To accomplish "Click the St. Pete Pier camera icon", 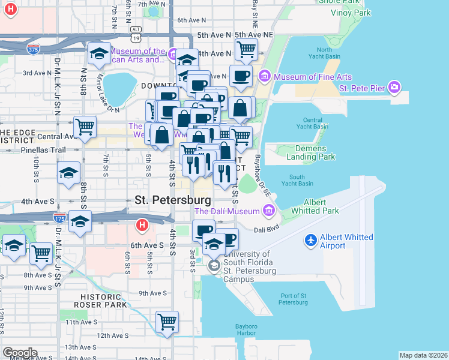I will (x=394, y=88).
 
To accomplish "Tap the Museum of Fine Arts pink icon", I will (x=265, y=77).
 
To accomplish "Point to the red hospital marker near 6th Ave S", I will (x=142, y=226).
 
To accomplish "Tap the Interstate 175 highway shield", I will (x=59, y=218).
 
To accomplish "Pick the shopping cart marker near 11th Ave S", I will (x=167, y=322).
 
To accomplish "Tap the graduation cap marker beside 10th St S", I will (x=69, y=173).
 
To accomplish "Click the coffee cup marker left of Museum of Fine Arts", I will (x=241, y=76).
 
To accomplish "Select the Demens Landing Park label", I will (x=311, y=152).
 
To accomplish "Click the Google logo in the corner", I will (x=19, y=352).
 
